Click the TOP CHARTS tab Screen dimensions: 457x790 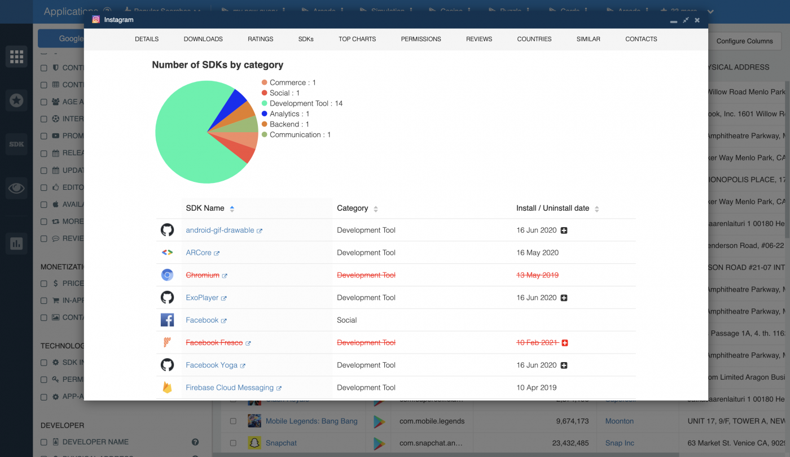click(x=357, y=39)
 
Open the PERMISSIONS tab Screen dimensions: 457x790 click(x=421, y=39)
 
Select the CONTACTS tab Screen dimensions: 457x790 click(x=641, y=39)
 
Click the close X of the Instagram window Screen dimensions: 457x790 click(x=697, y=20)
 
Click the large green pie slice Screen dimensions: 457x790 click(x=186, y=136)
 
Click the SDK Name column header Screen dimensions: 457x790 click(x=205, y=208)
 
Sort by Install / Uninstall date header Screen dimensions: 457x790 click(x=552, y=208)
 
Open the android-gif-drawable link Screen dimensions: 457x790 click(x=220, y=230)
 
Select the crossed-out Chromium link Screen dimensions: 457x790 click(x=203, y=275)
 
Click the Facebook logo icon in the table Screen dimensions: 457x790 click(x=167, y=320)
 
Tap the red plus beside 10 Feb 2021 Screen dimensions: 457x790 click(x=565, y=343)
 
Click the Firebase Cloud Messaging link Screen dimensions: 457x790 click(x=230, y=388)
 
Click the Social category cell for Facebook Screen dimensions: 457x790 click(x=347, y=320)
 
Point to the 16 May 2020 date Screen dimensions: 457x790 click(x=537, y=253)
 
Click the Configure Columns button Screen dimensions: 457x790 click(x=744, y=41)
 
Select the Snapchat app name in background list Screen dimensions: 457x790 click(x=281, y=443)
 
